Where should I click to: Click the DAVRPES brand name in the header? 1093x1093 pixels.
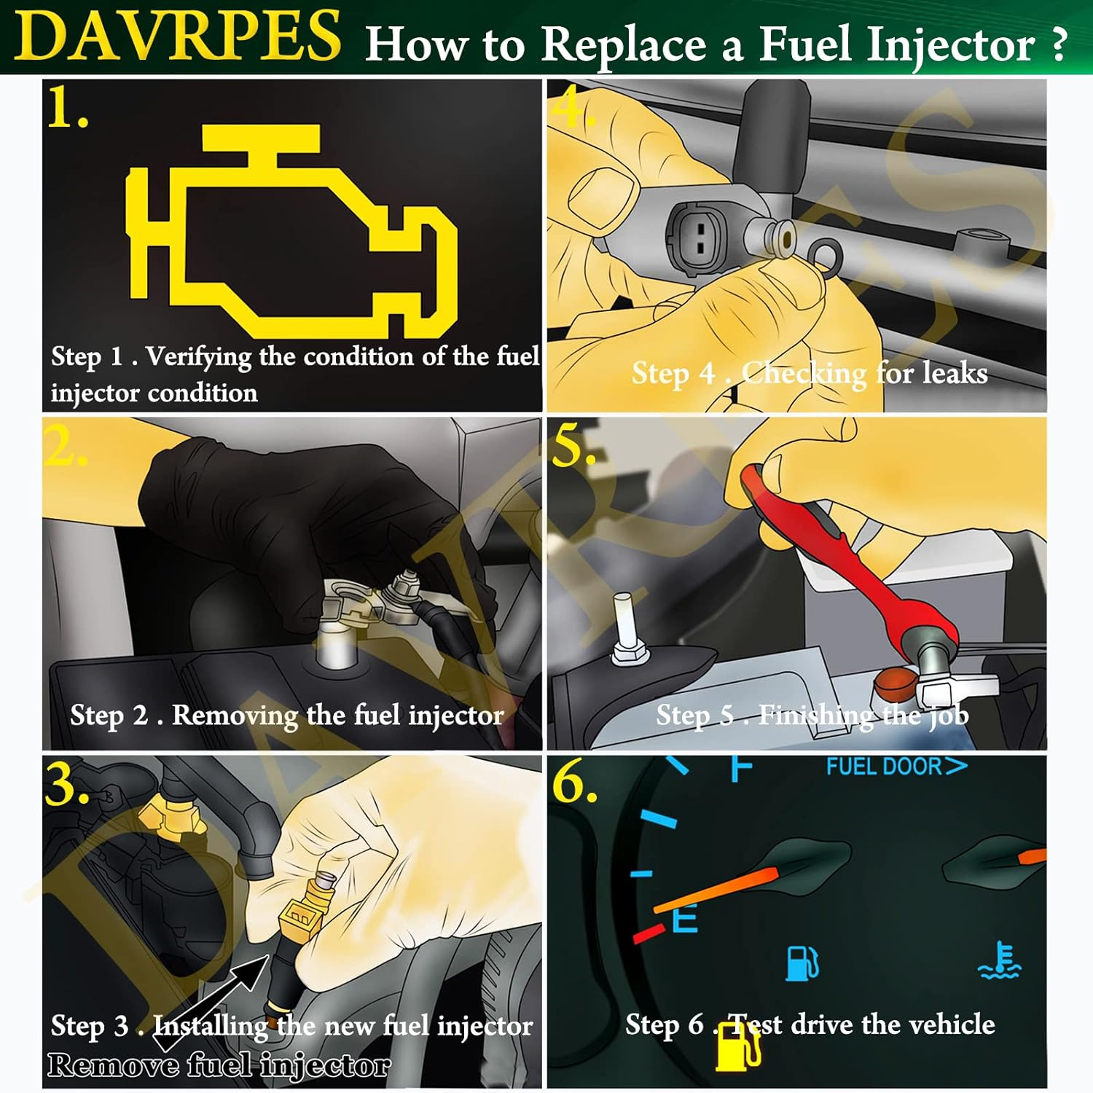click(x=177, y=36)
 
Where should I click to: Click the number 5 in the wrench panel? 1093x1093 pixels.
click(x=573, y=446)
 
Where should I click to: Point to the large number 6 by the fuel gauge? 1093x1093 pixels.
click(x=574, y=783)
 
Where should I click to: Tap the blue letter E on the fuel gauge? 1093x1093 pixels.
click(x=685, y=918)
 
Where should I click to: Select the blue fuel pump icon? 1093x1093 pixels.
click(x=802, y=963)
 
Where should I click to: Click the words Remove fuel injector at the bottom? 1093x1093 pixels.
click(x=219, y=1065)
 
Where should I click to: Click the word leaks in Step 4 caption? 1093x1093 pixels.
click(x=955, y=373)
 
